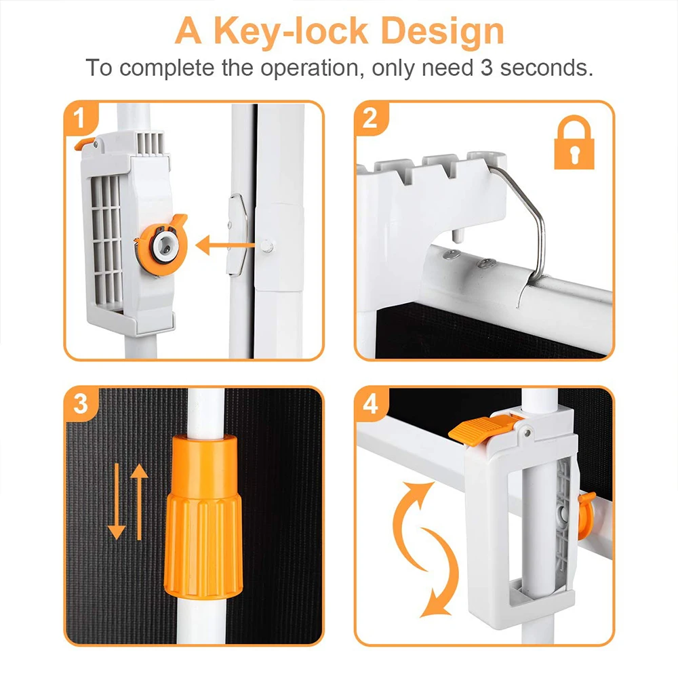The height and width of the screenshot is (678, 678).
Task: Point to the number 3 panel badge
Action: click(81, 404)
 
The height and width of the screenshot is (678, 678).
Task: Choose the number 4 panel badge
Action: click(371, 404)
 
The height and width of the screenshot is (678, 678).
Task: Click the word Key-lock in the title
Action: click(291, 32)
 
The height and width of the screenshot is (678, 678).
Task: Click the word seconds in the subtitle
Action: click(546, 68)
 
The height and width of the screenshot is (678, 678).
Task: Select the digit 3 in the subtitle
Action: click(486, 68)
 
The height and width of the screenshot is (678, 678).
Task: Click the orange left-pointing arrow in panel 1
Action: click(225, 245)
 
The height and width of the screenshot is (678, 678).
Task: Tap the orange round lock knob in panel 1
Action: click(162, 245)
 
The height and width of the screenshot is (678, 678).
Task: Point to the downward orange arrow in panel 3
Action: click(117, 501)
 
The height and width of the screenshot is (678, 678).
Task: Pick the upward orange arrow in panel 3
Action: click(139, 502)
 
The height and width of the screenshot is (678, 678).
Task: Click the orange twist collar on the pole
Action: click(203, 517)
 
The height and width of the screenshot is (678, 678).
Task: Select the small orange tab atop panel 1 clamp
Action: click(84, 143)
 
